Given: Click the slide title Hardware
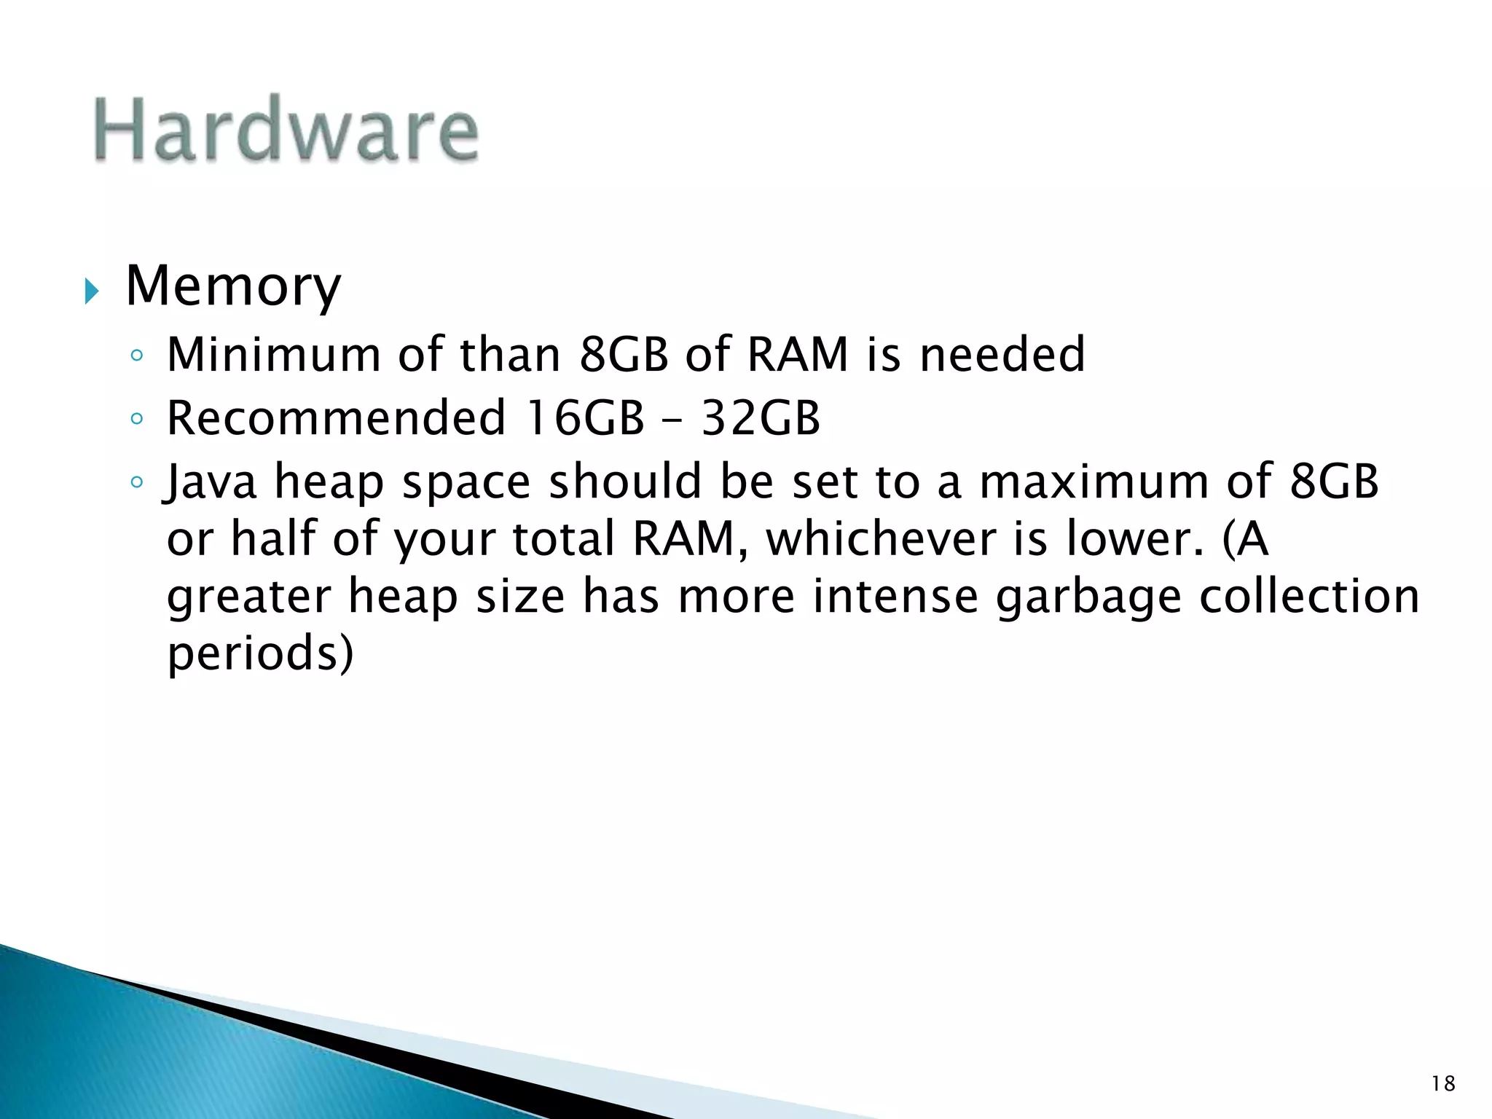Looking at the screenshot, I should point(286,130).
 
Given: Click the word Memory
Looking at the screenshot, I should point(233,286).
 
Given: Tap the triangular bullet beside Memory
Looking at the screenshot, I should point(90,292).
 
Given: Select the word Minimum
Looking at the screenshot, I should point(273,355).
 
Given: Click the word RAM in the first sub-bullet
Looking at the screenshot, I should point(798,355).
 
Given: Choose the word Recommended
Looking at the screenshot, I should point(336,418).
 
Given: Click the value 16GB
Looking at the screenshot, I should point(585,418).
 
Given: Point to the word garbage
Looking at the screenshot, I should point(1088,597).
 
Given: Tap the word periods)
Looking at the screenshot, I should point(260,653).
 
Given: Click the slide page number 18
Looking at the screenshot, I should point(1442,1084).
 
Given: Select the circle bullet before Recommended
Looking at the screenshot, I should point(136,419).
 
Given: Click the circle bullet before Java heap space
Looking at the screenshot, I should point(136,482).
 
